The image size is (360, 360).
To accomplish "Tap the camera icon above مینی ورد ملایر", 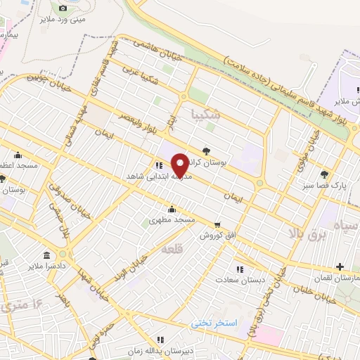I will coord(63,8).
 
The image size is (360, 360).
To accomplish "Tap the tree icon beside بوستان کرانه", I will coord(206,150).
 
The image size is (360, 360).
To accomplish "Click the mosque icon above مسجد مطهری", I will coord(172,209).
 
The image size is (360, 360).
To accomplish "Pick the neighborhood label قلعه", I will coord(172,248).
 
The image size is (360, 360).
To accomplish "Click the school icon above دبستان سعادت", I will coord(240,269).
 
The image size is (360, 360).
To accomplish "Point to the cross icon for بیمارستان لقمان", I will coord(340,267).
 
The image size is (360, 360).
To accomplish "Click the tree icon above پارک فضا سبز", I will coord(324,174).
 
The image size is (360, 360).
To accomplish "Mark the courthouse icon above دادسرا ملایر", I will coord(47,255).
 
